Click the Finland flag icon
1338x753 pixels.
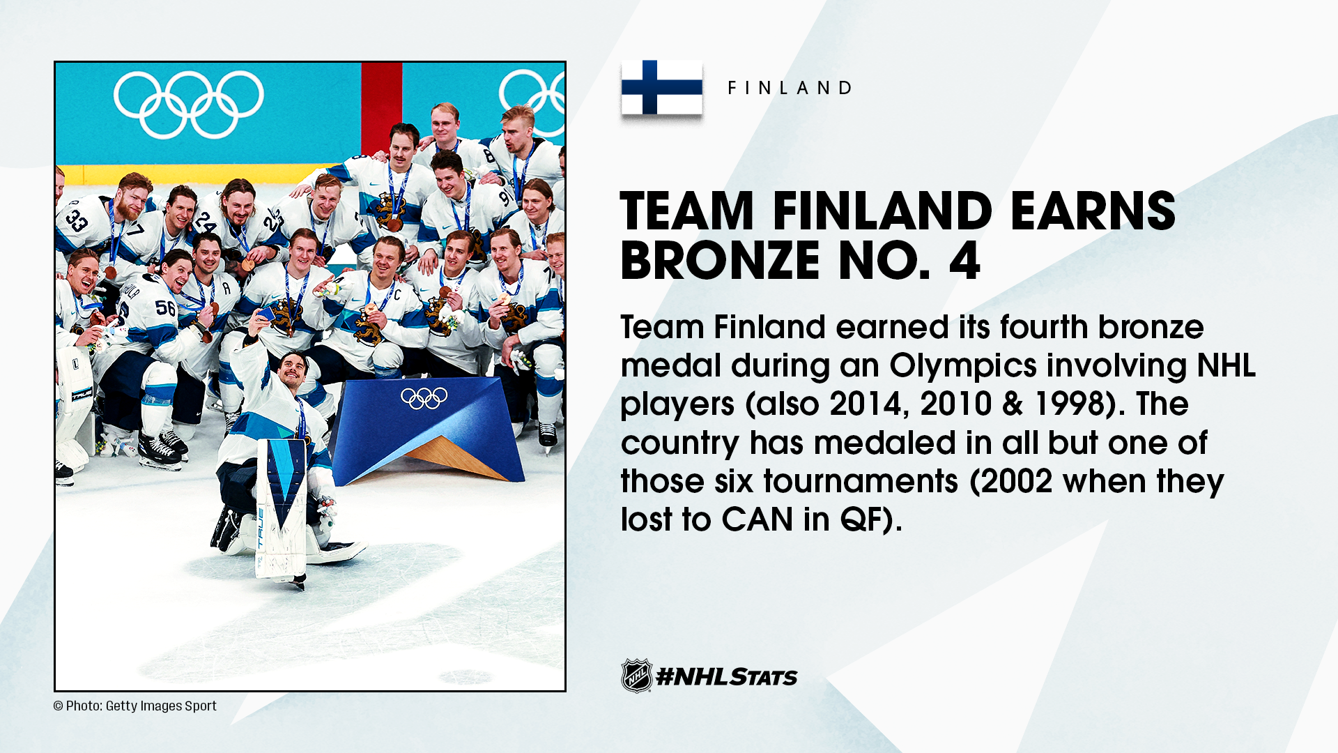[x=661, y=87]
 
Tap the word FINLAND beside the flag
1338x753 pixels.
[x=790, y=88]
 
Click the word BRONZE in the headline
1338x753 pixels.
[x=722, y=260]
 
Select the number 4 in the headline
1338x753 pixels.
[x=964, y=260]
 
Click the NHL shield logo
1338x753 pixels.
[x=636, y=676]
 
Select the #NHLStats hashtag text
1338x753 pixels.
[x=727, y=677]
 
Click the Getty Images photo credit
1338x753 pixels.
[x=135, y=706]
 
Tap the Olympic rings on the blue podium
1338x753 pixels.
[x=424, y=398]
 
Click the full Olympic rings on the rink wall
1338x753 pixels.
[x=189, y=105]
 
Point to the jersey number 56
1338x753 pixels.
[x=165, y=307]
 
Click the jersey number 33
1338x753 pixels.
[x=76, y=220]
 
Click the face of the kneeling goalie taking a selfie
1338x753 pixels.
[x=293, y=370]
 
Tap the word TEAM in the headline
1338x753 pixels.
[x=687, y=211]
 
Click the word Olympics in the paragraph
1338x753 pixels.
[x=962, y=366]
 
